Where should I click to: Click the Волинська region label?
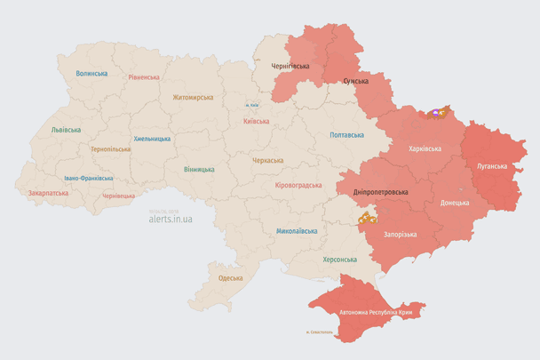pyautogui.click(x=91, y=73)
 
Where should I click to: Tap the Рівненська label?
pyautogui.click(x=143, y=77)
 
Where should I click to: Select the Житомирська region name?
pyautogui.click(x=193, y=97)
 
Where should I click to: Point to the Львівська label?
pyautogui.click(x=66, y=129)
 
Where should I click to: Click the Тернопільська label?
pyautogui.click(x=110, y=148)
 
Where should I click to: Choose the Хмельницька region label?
pyautogui.click(x=152, y=139)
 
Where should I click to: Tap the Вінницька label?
pyautogui.click(x=199, y=169)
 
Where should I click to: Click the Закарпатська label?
pyautogui.click(x=48, y=192)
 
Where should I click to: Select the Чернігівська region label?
pyautogui.click(x=290, y=66)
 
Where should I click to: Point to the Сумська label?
pyautogui.click(x=356, y=81)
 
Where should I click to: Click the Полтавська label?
pyautogui.click(x=346, y=135)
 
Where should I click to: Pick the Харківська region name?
pyautogui.click(x=425, y=148)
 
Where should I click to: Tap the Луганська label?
pyautogui.click(x=492, y=165)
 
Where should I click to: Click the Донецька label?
pyautogui.click(x=456, y=203)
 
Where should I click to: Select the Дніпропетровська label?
pyautogui.click(x=380, y=192)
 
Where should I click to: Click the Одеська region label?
pyautogui.click(x=230, y=278)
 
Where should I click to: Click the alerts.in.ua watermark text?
pyautogui.click(x=171, y=217)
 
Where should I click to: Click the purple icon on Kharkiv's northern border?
pyautogui.click(x=436, y=113)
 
